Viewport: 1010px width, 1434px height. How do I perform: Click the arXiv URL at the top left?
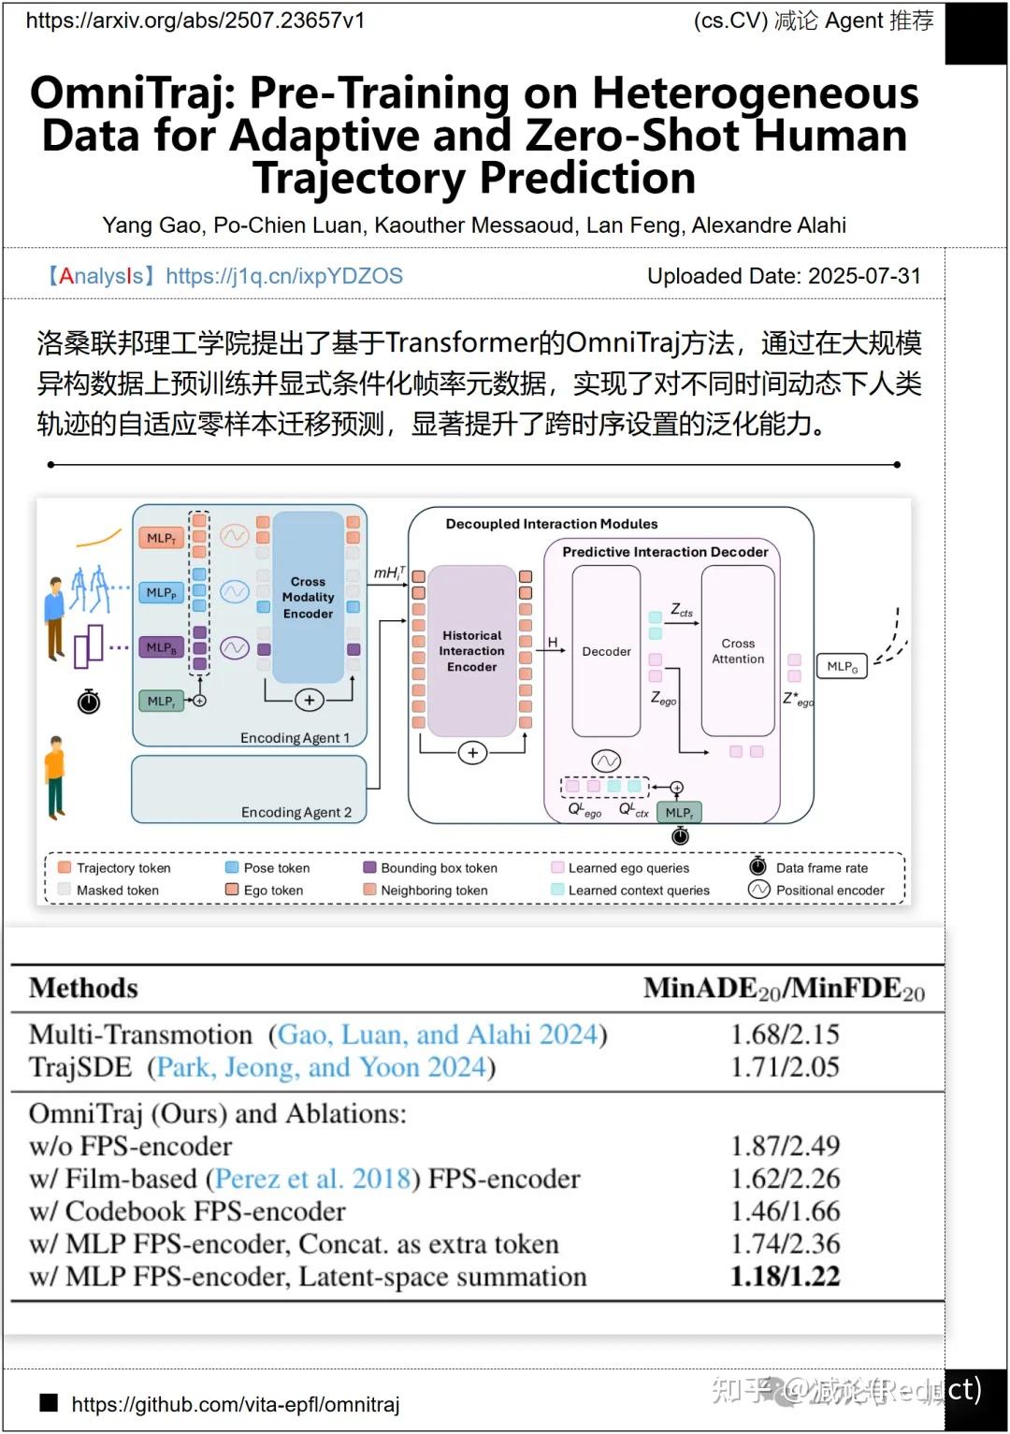tap(195, 21)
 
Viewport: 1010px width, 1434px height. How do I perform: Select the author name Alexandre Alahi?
tap(769, 225)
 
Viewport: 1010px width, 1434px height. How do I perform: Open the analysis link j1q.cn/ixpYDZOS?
tap(283, 276)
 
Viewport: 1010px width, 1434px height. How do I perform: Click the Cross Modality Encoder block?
tap(308, 598)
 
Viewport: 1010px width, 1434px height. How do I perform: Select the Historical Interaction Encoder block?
tap(471, 651)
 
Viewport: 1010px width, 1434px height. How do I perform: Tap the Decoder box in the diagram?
tap(606, 652)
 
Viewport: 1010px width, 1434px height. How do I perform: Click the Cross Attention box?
tap(738, 652)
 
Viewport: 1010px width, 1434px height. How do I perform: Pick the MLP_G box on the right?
tap(842, 666)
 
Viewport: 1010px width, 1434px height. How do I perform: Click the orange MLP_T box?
tap(161, 538)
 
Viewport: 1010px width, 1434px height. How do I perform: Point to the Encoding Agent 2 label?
tap(296, 812)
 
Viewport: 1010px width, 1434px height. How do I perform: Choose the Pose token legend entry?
tap(276, 868)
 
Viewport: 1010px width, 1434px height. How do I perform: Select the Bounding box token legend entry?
tap(438, 868)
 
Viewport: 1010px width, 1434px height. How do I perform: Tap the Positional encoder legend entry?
tap(829, 891)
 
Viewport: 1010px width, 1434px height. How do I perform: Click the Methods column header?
tap(83, 989)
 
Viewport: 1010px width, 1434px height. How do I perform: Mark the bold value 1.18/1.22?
tap(785, 1277)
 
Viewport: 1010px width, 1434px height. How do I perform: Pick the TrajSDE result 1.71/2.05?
tap(785, 1067)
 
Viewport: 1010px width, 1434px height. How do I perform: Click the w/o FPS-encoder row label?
tap(130, 1147)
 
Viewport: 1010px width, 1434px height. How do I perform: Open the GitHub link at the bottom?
tap(235, 1404)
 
